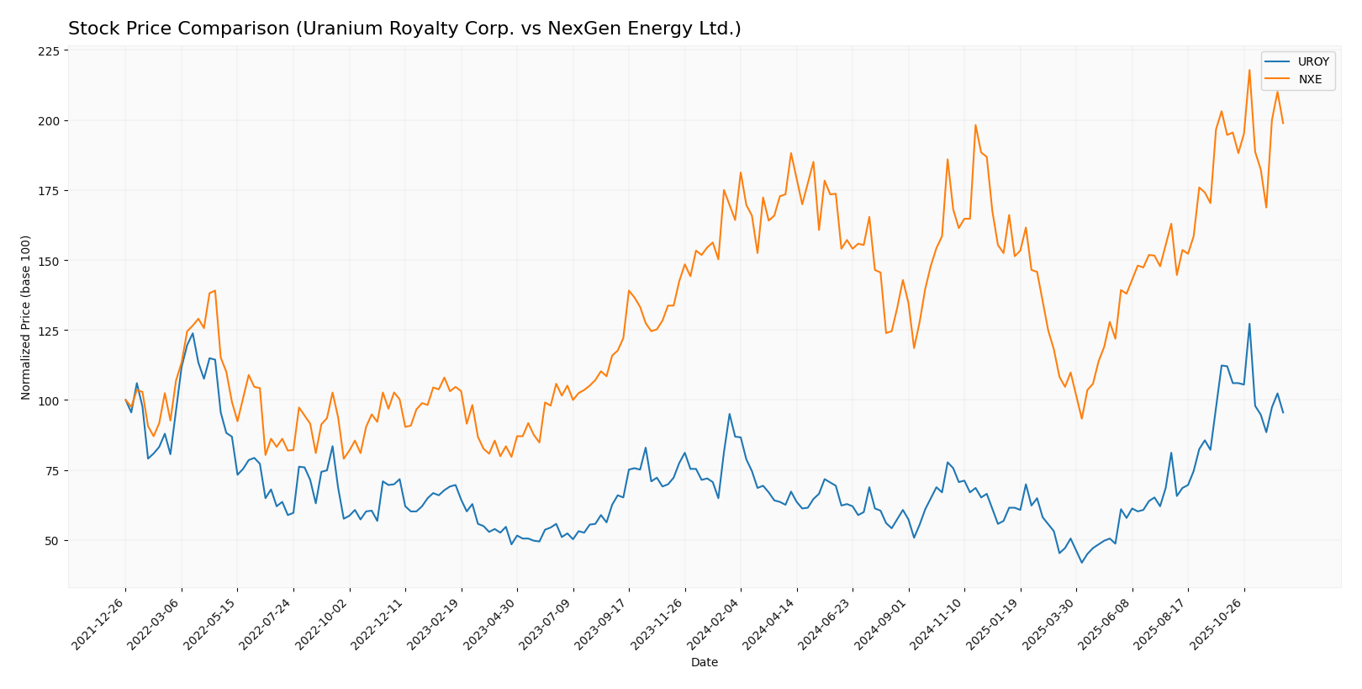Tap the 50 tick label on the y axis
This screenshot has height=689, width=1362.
tap(53, 540)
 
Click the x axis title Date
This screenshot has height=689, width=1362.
tap(704, 663)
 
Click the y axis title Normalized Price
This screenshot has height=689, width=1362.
tap(26, 317)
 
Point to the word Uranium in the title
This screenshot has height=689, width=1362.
tap(335, 29)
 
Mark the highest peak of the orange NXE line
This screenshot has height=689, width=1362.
tap(1249, 70)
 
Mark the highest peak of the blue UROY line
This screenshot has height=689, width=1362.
tap(1249, 324)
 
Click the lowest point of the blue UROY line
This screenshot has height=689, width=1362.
tap(1081, 562)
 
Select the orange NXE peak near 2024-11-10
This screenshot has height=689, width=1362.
tap(975, 125)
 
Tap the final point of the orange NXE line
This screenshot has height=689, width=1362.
tap(1283, 124)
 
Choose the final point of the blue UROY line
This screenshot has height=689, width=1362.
tap(1283, 412)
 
